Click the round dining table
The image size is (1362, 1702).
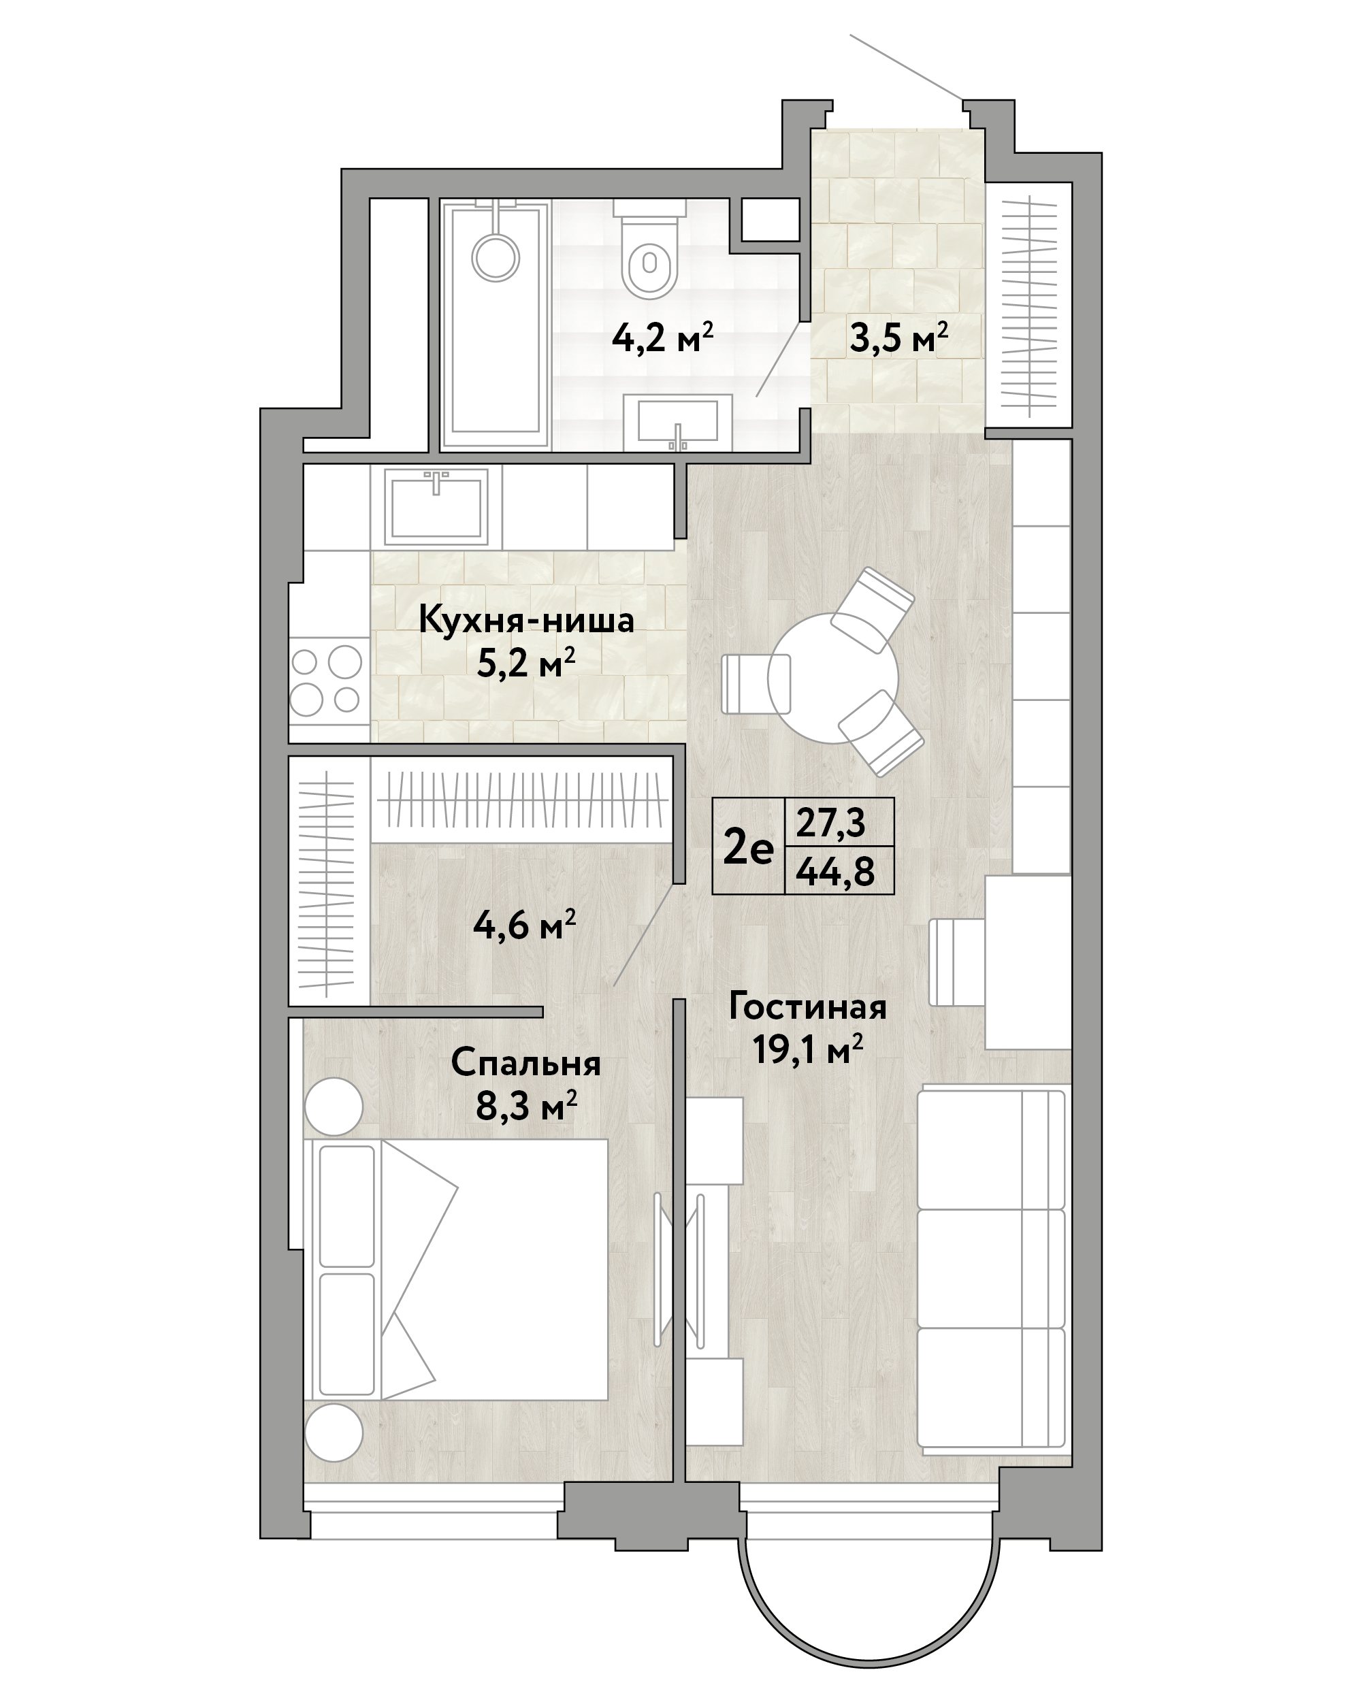833,678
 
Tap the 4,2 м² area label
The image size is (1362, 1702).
662,340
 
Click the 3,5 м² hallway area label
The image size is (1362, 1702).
898,339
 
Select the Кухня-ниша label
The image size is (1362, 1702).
526,621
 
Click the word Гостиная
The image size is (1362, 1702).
808,1007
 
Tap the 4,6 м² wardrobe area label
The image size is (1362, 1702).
524,924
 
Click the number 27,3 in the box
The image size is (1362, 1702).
830,823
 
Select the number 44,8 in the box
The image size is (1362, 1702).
835,872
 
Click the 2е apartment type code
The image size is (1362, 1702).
748,849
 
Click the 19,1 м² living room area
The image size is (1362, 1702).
807,1050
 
